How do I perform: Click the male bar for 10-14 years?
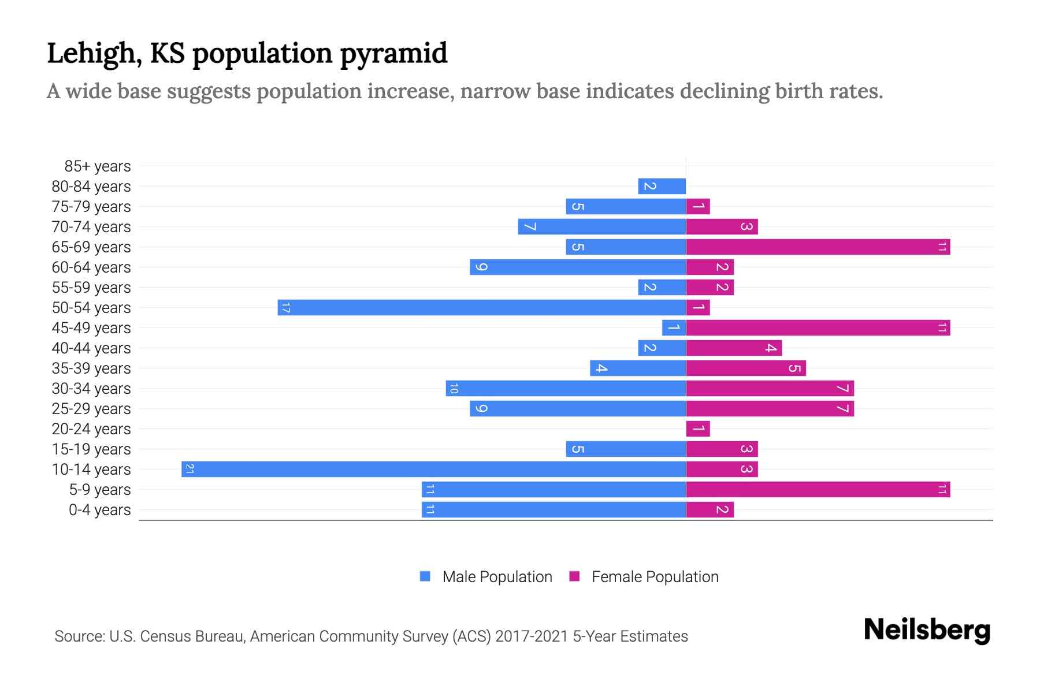click(x=433, y=469)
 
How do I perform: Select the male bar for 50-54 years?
click(x=481, y=307)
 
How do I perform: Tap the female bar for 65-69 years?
click(x=818, y=247)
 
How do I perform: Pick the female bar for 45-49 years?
click(x=818, y=327)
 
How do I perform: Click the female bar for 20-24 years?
click(x=697, y=429)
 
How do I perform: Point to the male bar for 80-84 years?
click(x=662, y=186)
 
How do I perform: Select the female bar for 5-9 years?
click(x=818, y=489)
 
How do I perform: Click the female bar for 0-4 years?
click(x=710, y=509)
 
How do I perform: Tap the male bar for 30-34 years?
click(x=566, y=388)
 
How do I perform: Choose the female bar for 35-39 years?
click(x=745, y=368)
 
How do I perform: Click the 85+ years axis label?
click(x=98, y=166)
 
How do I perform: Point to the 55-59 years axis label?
click(x=91, y=288)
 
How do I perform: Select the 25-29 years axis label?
click(x=91, y=409)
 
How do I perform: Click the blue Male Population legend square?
click(x=425, y=576)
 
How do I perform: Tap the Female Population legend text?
click(x=655, y=576)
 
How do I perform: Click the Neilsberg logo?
click(x=927, y=629)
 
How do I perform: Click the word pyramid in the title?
click(x=393, y=54)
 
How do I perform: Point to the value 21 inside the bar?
click(x=190, y=469)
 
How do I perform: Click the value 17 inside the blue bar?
click(x=285, y=307)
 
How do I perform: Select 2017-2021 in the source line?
click(x=531, y=636)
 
